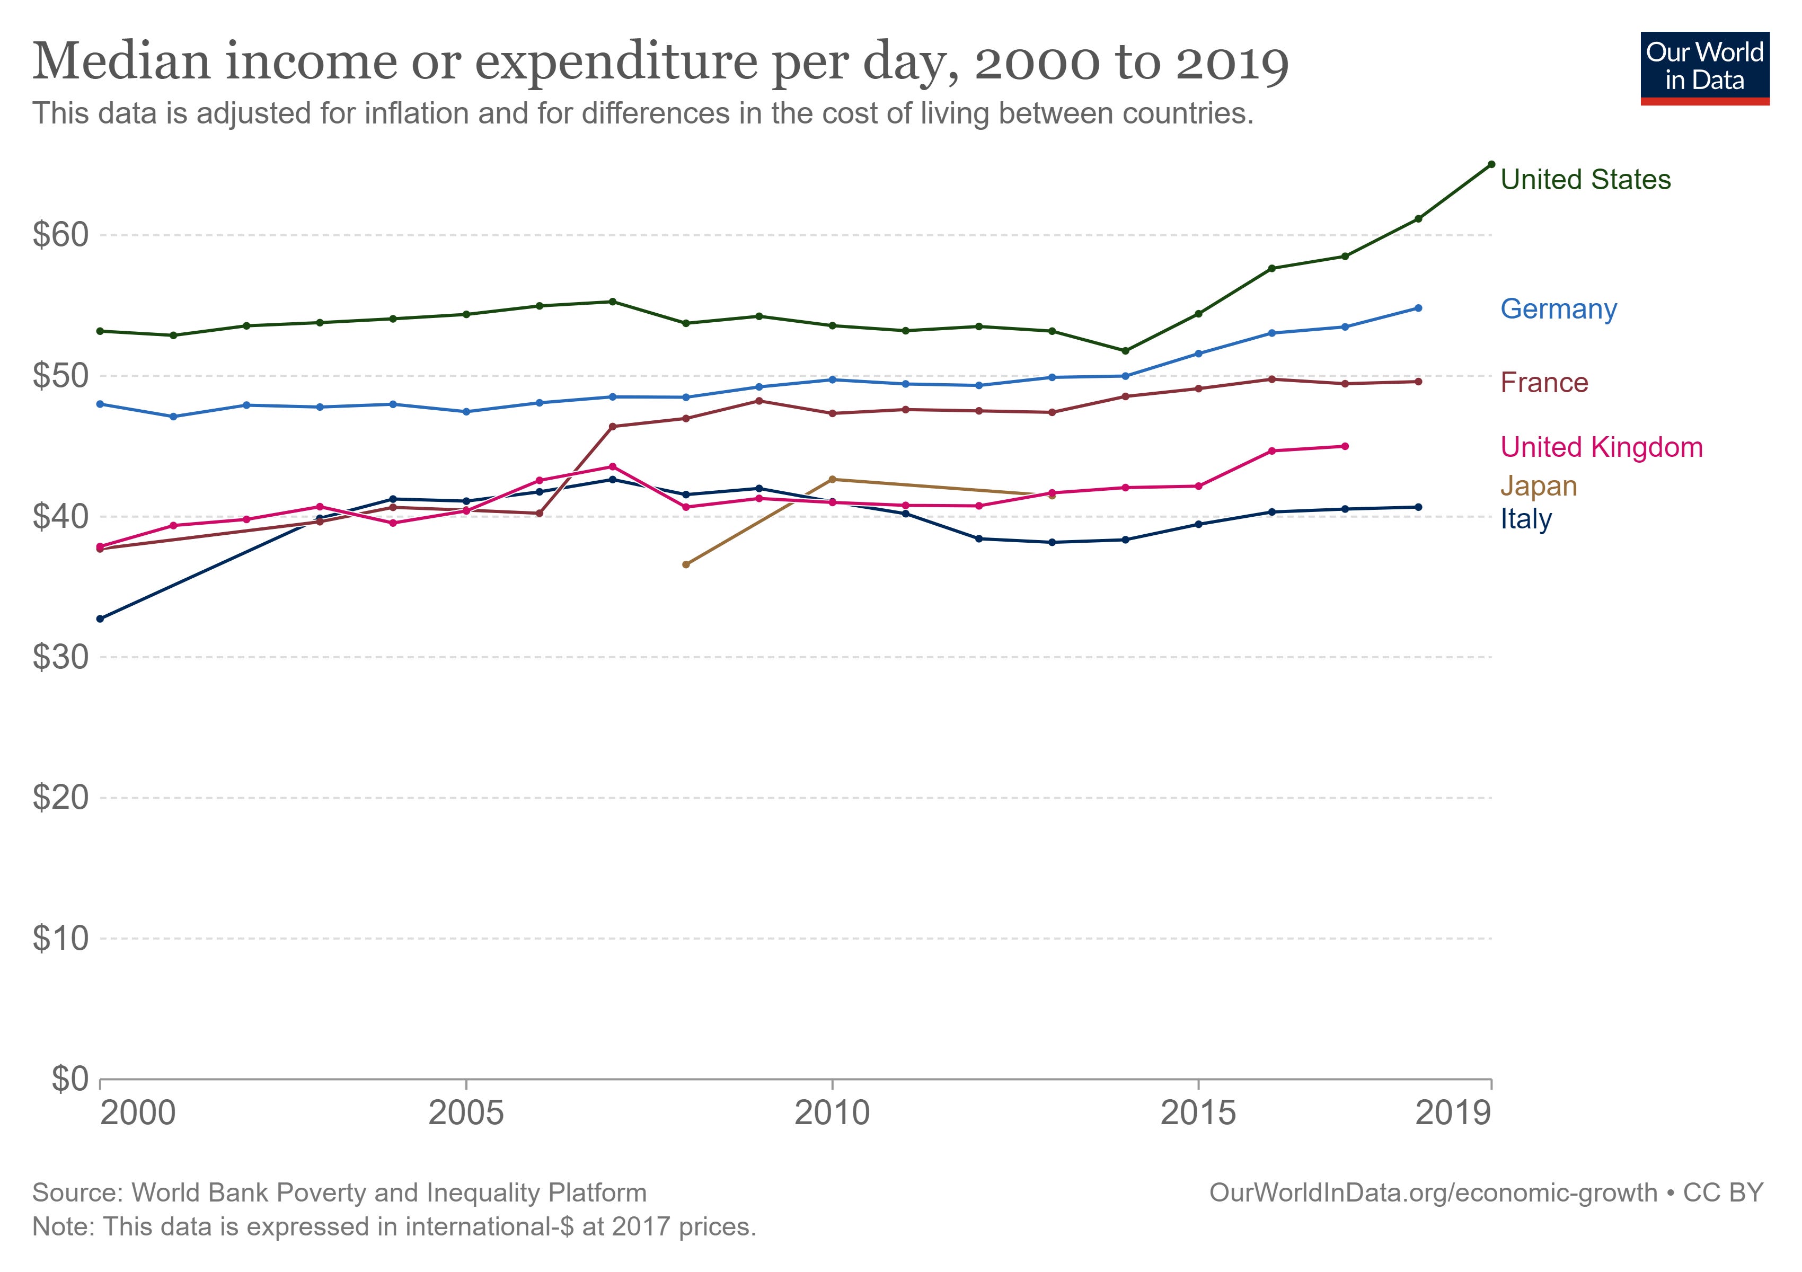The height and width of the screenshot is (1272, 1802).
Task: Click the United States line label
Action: [x=1585, y=180]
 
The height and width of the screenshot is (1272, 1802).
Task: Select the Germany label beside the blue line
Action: [x=1558, y=309]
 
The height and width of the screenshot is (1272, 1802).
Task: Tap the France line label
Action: [x=1544, y=383]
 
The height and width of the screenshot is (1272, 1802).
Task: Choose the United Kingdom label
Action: [x=1601, y=447]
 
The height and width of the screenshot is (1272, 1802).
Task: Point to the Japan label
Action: [x=1538, y=487]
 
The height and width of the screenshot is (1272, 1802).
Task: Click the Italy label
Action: [x=1526, y=519]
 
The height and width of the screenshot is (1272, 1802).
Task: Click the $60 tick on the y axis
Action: [x=60, y=235]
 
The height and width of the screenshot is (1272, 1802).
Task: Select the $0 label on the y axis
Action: [x=70, y=1080]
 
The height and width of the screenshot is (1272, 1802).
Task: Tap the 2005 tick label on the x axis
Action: [x=466, y=1112]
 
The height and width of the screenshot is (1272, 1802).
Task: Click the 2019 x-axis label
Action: [x=1452, y=1112]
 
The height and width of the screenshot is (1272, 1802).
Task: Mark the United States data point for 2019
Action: [x=1491, y=164]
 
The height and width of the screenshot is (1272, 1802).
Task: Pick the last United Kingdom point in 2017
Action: [x=1345, y=446]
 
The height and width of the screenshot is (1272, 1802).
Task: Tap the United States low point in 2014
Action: [x=1126, y=351]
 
